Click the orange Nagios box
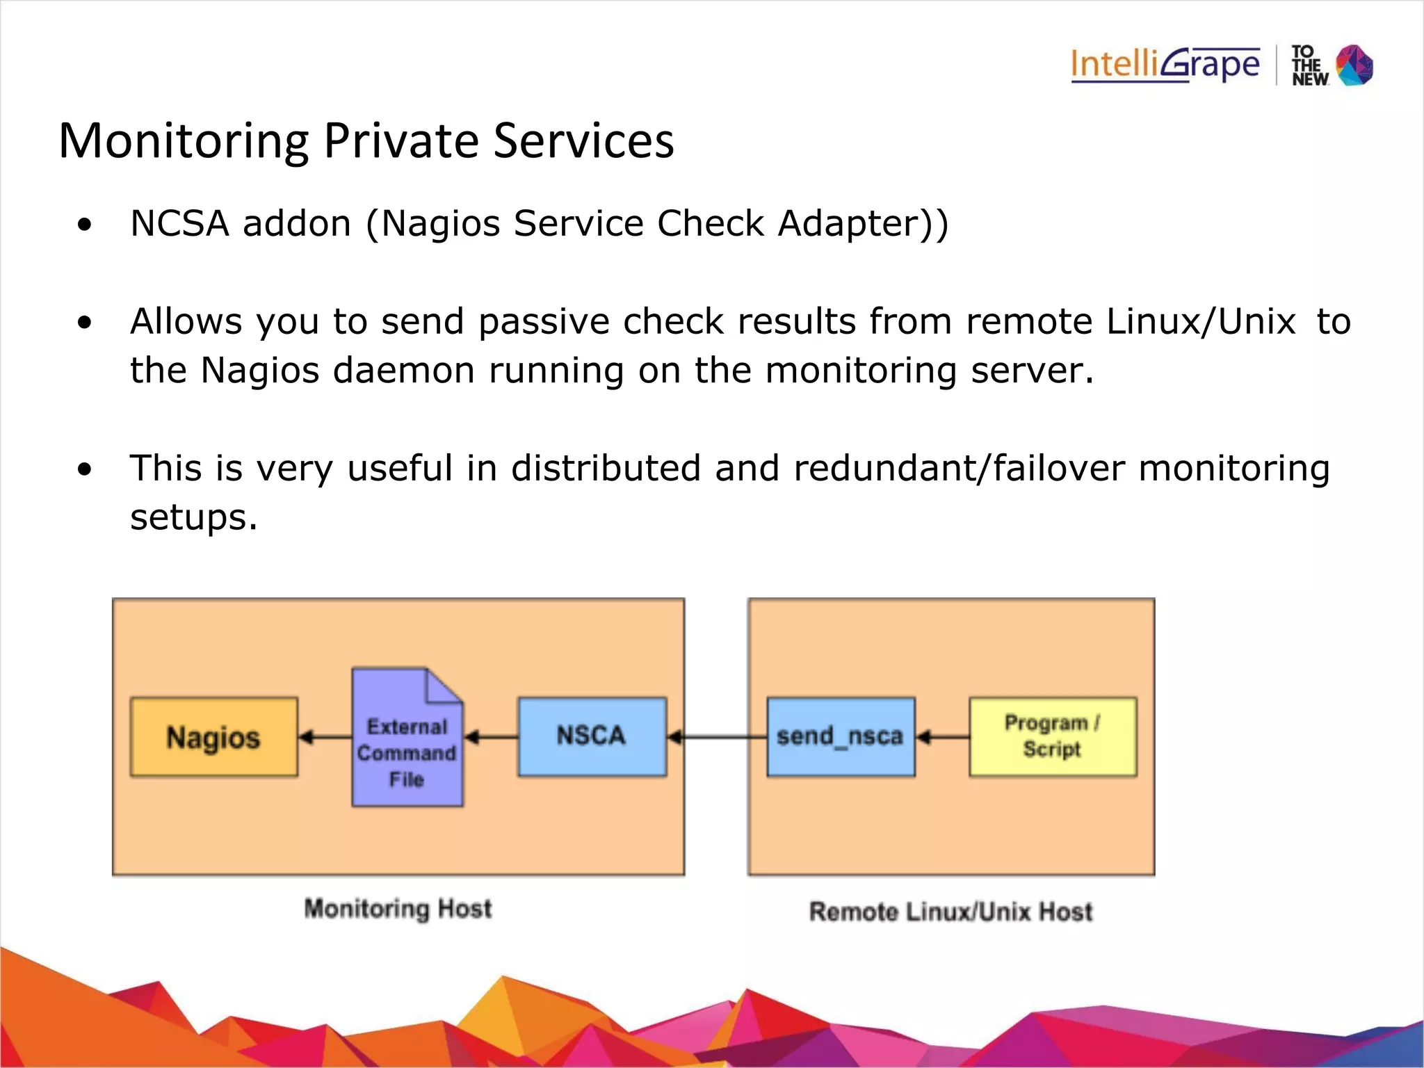click(213, 737)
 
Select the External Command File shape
click(407, 747)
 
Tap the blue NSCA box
click(592, 736)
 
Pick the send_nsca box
click(840, 736)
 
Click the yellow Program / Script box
click(1052, 736)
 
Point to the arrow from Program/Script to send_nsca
click(942, 737)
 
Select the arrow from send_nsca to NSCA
click(716, 737)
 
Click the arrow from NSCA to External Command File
click(491, 737)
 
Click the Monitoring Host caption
click(398, 909)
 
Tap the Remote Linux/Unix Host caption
click(950, 912)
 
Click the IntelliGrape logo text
click(1165, 65)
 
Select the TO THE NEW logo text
click(1309, 66)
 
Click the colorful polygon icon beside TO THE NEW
click(1355, 65)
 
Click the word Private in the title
click(400, 141)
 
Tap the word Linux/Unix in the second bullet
click(1201, 322)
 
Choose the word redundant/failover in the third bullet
click(959, 468)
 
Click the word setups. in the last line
click(193, 517)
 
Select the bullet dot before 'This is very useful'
click(85, 470)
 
